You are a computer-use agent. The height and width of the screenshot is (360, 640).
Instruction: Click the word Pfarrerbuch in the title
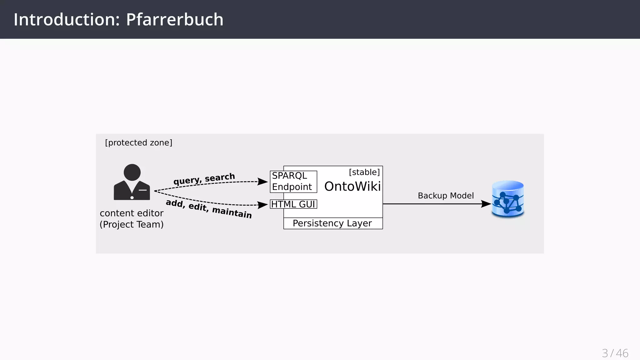pos(175,20)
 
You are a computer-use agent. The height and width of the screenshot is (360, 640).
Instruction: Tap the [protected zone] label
pos(138,143)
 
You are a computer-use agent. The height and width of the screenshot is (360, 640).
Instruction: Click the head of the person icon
pos(132,172)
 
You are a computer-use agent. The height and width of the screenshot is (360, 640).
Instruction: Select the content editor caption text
pos(132,213)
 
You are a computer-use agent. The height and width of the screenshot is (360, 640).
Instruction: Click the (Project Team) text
pos(132,224)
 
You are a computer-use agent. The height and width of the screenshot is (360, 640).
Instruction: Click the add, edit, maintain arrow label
pos(208,208)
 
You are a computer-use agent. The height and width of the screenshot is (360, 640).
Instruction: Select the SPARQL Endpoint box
pos(293,182)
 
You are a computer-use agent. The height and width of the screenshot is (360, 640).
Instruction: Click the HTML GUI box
pos(293,204)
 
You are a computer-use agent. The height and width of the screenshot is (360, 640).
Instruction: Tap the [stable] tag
pos(364,172)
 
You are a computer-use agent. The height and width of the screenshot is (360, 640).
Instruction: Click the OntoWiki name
pos(352,187)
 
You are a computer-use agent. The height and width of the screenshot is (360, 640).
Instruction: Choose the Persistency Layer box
pos(332,223)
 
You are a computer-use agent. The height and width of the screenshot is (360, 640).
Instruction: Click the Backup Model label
pos(446,196)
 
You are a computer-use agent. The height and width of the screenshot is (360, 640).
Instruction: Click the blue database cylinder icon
pos(508,199)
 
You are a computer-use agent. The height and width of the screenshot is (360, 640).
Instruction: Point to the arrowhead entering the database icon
pos(486,204)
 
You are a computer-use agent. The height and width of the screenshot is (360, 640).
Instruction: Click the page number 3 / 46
pos(615,353)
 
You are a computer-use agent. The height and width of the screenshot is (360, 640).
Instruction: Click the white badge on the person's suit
pos(143,190)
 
